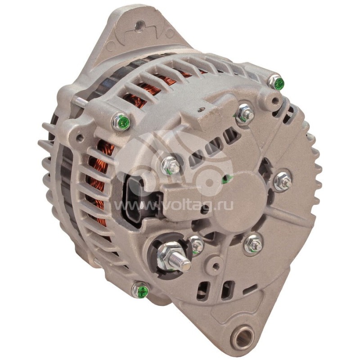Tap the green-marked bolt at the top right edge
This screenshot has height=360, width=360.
(277, 82)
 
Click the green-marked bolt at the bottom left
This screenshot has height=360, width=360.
(140, 290)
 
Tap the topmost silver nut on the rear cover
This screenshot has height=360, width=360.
(245, 114)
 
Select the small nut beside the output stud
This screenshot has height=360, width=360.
(196, 244)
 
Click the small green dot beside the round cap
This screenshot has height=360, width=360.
(226, 179)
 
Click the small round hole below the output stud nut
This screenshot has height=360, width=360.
(216, 266)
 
